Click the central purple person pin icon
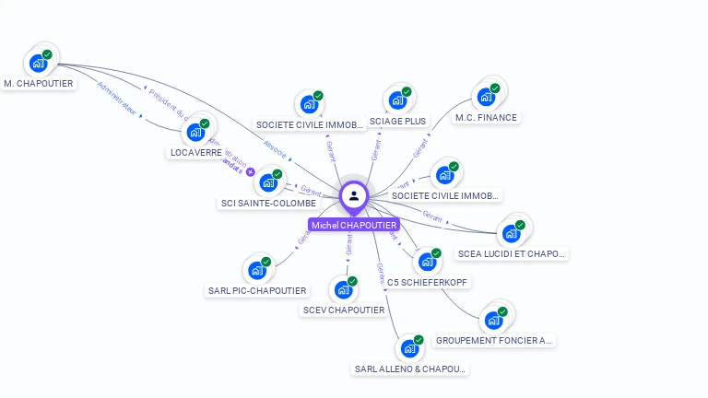click(354, 195)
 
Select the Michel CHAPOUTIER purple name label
click(354, 225)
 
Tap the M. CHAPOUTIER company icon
click(39, 64)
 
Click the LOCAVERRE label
click(196, 152)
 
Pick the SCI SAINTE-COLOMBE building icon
click(269, 182)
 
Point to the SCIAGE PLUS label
click(397, 121)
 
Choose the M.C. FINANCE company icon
click(485, 97)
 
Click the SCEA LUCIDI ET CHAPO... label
click(512, 253)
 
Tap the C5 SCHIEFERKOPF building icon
click(426, 262)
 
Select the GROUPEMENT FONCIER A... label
click(493, 340)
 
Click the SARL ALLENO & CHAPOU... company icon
click(407, 349)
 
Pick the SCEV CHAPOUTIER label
click(344, 310)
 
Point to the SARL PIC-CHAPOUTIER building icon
click(255, 271)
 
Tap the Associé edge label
click(275, 148)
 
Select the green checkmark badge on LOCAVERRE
click(205, 123)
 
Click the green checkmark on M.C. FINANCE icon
click(495, 88)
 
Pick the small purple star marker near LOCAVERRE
click(250, 171)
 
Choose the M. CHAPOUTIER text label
click(39, 83)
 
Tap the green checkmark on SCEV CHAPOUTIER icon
click(352, 281)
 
